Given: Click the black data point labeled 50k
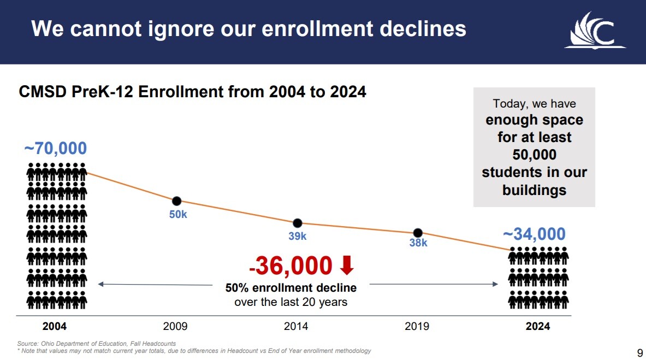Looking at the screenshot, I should pyautogui.click(x=176, y=201).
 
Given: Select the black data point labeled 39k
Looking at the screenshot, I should pyautogui.click(x=298, y=223).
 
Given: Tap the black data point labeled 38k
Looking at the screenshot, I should pyautogui.click(x=418, y=233).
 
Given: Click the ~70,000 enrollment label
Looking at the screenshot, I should pyautogui.click(x=55, y=148).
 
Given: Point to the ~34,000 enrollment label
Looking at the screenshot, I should pyautogui.click(x=534, y=234).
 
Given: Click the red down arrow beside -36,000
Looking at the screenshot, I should pyautogui.click(x=347, y=265).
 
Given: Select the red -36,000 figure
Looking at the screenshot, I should pyautogui.click(x=290, y=266).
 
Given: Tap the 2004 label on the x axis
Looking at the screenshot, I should pyautogui.click(x=55, y=327).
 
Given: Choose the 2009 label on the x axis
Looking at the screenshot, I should pyautogui.click(x=175, y=327).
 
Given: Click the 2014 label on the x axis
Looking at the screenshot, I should pyautogui.click(x=296, y=327).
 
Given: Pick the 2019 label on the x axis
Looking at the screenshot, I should pyautogui.click(x=417, y=327).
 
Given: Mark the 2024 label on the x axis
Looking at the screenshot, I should pyautogui.click(x=538, y=327).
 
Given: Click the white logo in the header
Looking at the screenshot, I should pyautogui.click(x=595, y=31).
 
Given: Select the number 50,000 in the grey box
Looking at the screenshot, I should pyautogui.click(x=534, y=155).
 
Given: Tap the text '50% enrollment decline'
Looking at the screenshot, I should pyautogui.click(x=291, y=288).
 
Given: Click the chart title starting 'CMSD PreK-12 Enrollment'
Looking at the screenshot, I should pyautogui.click(x=192, y=92).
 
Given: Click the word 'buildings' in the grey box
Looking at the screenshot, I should pyautogui.click(x=534, y=190).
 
